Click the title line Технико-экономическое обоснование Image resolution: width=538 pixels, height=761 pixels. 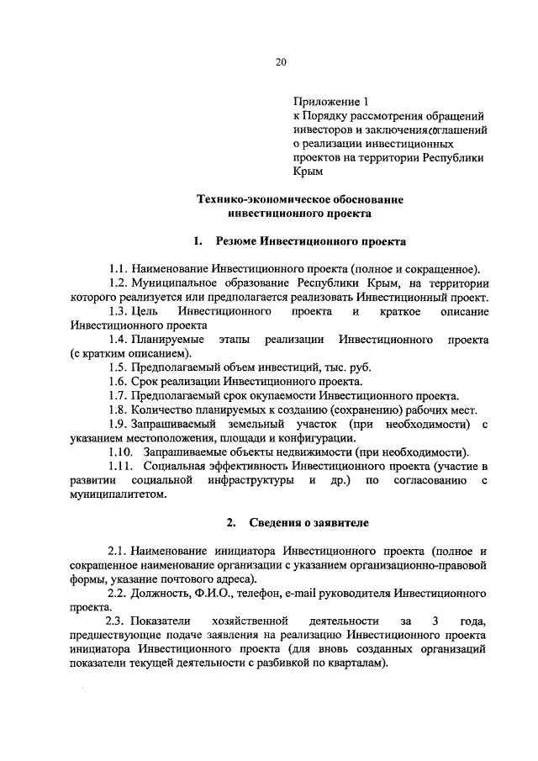(x=299, y=199)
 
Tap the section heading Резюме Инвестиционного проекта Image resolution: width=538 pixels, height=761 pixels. (x=311, y=241)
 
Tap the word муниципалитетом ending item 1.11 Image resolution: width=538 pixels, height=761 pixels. (x=118, y=494)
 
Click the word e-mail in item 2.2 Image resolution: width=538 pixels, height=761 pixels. (x=291, y=593)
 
